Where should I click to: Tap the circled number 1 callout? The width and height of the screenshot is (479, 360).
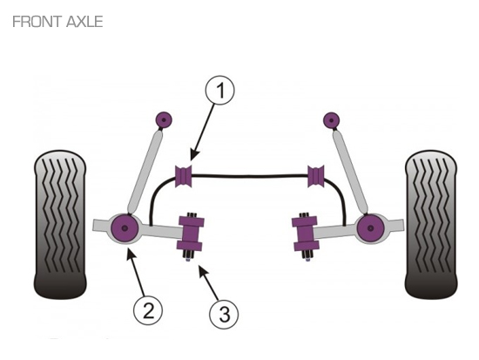220,91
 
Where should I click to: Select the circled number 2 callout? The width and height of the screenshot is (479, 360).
148,311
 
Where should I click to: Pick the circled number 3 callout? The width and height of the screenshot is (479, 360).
224,314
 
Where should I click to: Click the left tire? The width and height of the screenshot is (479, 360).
60,224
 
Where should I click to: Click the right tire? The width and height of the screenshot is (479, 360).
431,224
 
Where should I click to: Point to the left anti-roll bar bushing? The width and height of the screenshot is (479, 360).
184,175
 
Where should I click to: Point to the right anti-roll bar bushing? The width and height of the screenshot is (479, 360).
316,175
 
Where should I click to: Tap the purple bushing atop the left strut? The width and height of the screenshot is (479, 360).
164,120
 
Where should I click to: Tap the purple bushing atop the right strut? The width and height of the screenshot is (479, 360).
332,120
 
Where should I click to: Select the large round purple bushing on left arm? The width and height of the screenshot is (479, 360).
125,228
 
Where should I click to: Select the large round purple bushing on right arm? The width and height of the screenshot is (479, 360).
370,228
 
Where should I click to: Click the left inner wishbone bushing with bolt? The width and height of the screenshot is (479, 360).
191,234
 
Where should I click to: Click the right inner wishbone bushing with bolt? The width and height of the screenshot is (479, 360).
305,234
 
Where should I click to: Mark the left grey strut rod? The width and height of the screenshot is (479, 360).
145,170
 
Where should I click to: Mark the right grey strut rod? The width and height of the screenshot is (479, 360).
350,170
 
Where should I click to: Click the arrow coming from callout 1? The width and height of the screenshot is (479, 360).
203,132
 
